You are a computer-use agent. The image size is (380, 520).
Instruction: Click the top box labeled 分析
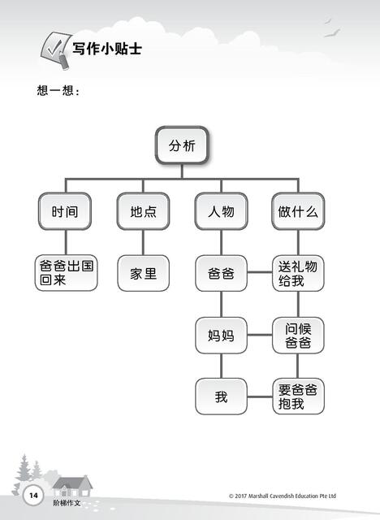tap(182, 145)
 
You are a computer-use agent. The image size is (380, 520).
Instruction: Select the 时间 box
tap(65, 211)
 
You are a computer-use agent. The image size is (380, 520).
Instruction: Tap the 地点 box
tap(143, 211)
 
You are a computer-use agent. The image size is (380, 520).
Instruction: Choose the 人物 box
tap(222, 211)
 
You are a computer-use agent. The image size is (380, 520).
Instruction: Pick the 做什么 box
tap(298, 211)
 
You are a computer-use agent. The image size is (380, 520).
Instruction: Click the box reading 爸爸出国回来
tap(67, 273)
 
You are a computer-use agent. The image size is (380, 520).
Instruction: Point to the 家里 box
tap(144, 273)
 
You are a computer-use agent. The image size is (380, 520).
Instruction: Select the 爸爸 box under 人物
tap(222, 273)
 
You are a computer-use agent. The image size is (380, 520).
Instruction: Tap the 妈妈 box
tap(222, 336)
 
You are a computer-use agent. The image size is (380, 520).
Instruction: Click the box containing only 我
tap(222, 396)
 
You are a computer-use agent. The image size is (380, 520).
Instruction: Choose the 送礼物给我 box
tap(298, 273)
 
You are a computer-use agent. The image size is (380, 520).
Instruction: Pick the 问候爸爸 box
tap(298, 336)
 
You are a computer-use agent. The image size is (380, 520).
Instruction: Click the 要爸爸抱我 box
tap(298, 396)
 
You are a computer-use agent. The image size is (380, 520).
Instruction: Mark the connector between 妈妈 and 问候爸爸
tap(260, 335)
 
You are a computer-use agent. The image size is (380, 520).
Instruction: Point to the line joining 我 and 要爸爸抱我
tap(260, 396)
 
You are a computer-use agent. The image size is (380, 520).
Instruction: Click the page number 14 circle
tap(33, 496)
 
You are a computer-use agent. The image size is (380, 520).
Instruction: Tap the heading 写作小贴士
tap(107, 49)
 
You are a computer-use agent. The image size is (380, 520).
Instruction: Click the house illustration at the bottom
tap(72, 487)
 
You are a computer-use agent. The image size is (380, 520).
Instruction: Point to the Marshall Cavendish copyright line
tap(283, 496)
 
